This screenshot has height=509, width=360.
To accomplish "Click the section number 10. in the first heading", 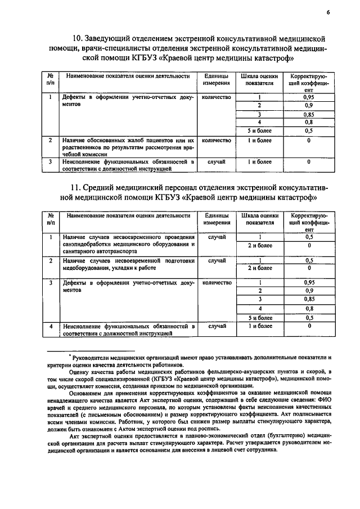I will click(78, 39).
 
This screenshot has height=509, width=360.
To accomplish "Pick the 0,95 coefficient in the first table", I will click(308, 97).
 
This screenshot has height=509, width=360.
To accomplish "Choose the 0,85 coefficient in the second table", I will click(308, 299).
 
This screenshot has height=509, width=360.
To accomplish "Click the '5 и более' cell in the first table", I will click(259, 130).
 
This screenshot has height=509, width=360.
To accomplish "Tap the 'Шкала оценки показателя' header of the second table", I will click(259, 219).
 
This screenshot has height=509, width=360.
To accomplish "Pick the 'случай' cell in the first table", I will click(217, 161).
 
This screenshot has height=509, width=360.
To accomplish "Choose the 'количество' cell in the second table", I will click(217, 282).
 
